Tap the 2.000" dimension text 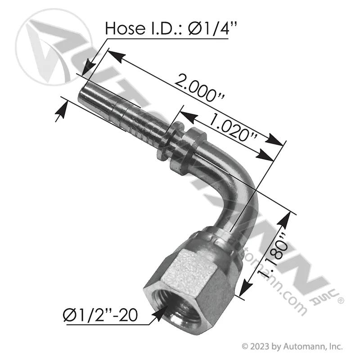click(x=199, y=87)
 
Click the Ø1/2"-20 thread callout click(x=100, y=315)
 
